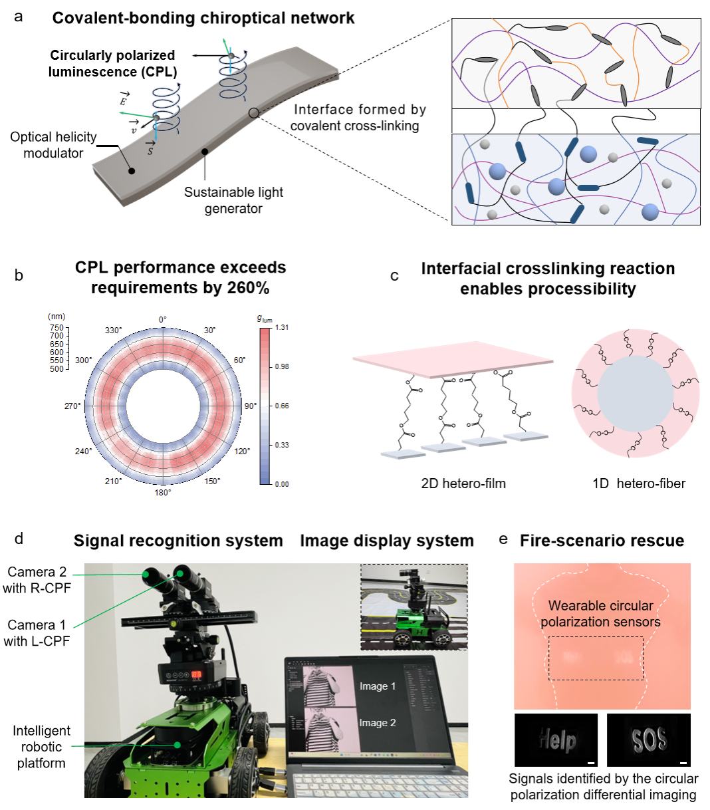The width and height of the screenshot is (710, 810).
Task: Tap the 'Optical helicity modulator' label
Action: tap(53, 145)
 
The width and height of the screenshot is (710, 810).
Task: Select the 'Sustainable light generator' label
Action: tap(233, 200)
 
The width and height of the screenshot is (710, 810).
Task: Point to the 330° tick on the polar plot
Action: tap(114, 331)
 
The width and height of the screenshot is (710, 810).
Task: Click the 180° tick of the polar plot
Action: tap(163, 493)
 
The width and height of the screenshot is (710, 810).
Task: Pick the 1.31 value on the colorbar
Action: tap(282, 327)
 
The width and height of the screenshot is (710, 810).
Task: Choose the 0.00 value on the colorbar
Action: tap(282, 484)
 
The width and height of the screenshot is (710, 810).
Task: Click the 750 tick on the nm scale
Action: tap(57, 327)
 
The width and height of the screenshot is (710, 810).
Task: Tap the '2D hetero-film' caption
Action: tap(463, 483)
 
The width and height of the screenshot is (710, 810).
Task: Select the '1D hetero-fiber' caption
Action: tap(638, 483)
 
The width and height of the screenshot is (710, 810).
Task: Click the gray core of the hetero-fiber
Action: tap(635, 394)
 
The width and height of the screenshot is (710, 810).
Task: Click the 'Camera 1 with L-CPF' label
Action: tap(37, 633)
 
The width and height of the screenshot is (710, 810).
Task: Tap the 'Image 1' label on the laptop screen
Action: tap(377, 686)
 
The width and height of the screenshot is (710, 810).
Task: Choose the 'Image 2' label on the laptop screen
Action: tap(377, 723)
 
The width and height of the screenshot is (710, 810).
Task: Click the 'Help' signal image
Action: tap(556, 740)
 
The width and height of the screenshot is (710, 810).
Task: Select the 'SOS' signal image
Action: tap(648, 740)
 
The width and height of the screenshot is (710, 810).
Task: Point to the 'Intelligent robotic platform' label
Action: tap(41, 747)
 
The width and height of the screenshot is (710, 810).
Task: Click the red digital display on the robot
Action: tap(197, 674)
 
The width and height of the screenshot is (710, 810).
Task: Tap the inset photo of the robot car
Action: tap(414, 607)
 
